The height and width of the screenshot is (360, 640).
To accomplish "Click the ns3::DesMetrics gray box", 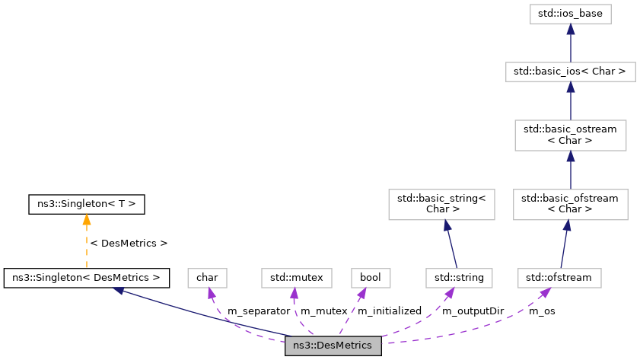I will (x=332, y=346).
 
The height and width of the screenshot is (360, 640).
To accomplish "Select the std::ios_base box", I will (x=571, y=14).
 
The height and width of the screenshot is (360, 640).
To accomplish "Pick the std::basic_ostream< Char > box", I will (x=571, y=135).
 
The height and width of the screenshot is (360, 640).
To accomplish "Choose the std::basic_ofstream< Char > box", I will (x=571, y=204).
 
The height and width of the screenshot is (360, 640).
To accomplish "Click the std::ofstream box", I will (x=559, y=278).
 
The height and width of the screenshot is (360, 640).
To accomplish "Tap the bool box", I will (x=370, y=278).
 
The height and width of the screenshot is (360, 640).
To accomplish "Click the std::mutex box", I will (x=297, y=278).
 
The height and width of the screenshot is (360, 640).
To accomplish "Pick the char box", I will (x=208, y=278).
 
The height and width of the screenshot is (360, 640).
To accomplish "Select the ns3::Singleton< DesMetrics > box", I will (x=86, y=278).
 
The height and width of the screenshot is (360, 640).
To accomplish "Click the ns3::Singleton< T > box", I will (x=86, y=204).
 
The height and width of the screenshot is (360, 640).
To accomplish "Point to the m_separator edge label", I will (x=259, y=311).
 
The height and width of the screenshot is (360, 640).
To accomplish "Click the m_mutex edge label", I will (x=324, y=311).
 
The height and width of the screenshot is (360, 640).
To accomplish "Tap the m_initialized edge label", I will (x=389, y=311).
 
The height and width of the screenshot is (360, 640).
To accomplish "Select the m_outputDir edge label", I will (x=473, y=311).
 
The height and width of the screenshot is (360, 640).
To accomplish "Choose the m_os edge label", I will (x=542, y=311).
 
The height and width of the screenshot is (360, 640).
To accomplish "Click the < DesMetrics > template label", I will (x=129, y=243).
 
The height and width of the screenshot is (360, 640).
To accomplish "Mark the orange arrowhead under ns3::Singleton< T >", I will (x=86, y=219).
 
